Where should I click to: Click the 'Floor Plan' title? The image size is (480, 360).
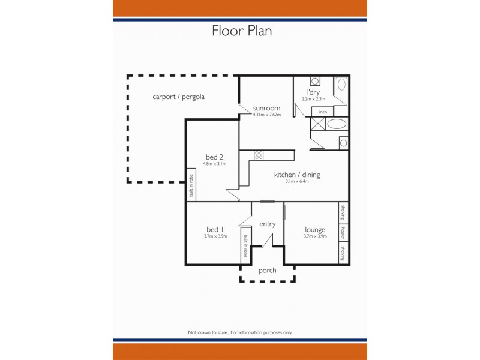(242, 31)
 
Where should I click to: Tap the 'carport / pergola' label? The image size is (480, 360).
(179, 96)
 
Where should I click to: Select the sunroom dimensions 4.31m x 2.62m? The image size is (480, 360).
(266, 115)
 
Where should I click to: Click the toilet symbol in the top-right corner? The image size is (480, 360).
(341, 84)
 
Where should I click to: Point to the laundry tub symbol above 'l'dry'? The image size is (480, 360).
(315, 82)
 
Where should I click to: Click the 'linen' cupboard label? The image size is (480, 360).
(322, 112)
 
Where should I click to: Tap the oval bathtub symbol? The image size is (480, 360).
(336, 124)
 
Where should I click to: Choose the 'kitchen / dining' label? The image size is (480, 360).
(297, 175)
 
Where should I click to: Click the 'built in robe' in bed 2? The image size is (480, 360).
(191, 185)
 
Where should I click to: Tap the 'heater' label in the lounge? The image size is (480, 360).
(344, 232)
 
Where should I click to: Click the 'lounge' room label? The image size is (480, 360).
(314, 229)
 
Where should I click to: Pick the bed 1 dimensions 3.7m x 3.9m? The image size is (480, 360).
(215, 236)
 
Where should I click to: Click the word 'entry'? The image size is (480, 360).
(267, 224)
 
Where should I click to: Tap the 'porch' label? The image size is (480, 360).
(267, 271)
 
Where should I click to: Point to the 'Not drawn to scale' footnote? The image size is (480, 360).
(240, 332)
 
